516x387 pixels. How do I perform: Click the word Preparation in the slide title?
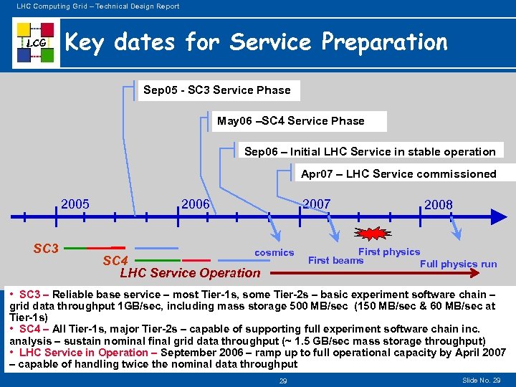384,42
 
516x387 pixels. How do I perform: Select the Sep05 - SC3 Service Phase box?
217,90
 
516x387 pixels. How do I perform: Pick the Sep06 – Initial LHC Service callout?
370,151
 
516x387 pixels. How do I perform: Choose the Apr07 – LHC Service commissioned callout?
398,173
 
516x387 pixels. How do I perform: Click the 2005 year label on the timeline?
75,204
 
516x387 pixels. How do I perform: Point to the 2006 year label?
196,204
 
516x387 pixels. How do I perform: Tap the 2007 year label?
316,204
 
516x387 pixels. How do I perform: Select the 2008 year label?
438,205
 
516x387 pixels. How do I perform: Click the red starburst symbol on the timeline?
373,234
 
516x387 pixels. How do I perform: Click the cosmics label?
274,252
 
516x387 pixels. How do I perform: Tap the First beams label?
335,260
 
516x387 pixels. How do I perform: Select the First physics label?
389,252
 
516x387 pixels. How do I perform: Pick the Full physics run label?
458,264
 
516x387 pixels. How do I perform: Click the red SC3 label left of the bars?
46,249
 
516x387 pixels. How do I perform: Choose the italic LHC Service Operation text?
190,272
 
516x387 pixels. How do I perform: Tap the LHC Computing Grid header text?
93,6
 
